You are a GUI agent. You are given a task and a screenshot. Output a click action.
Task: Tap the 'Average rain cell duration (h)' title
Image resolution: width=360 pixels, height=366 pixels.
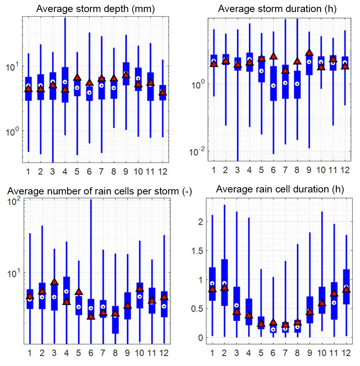[x=280, y=189]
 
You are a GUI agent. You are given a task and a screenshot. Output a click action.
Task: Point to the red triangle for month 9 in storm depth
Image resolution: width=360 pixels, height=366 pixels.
[x=126, y=75]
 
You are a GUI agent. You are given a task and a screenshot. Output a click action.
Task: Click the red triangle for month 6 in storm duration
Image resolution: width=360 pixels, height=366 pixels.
[x=274, y=56]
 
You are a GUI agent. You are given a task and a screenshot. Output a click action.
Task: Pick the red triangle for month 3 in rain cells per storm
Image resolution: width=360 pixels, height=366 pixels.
[x=54, y=282]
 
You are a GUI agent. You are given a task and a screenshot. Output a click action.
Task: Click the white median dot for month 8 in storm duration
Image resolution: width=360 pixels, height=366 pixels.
[x=297, y=84]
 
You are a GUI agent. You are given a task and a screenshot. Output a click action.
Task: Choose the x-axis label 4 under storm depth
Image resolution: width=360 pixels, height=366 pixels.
[x=65, y=171]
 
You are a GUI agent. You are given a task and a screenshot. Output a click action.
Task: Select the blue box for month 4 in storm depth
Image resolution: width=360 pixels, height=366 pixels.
[x=65, y=84]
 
